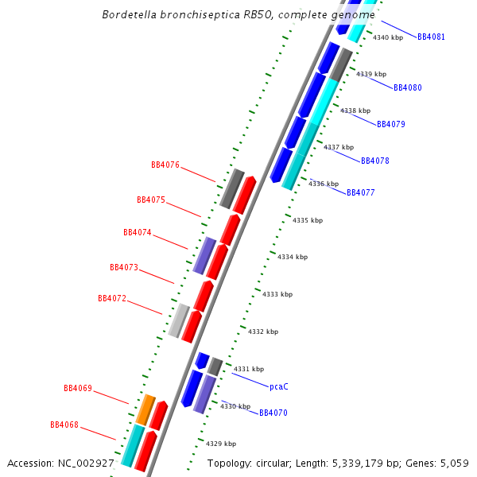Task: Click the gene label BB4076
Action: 165,165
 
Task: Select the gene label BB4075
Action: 151,200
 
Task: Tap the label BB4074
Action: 138,233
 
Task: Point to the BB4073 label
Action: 124,267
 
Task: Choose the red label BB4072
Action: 112,298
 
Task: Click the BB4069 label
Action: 78,389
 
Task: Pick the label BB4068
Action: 64,425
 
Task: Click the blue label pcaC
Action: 279,386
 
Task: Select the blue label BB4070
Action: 273,413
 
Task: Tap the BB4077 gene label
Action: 361,192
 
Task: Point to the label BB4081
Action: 432,37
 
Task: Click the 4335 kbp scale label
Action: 308,220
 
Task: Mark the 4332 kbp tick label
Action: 263,332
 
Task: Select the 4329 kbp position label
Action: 221,444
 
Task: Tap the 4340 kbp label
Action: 388,37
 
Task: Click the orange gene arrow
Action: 145,409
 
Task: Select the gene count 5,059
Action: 454,463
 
